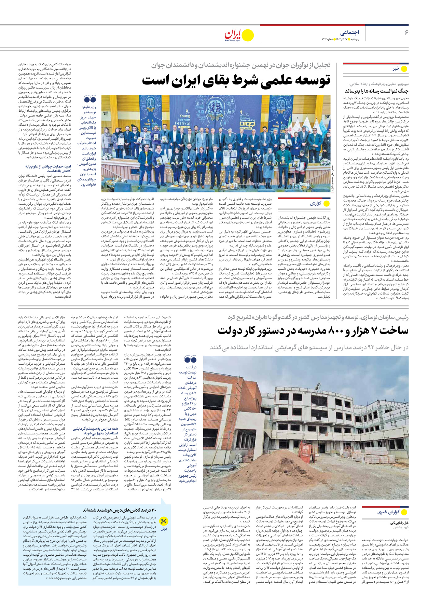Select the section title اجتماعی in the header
349,32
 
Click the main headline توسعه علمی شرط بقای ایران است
236,81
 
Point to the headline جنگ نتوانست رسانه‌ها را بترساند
376,91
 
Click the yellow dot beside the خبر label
404,69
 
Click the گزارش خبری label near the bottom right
389,512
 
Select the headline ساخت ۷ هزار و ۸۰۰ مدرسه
313,330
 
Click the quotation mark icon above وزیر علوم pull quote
90,99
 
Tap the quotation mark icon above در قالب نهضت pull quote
190,360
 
